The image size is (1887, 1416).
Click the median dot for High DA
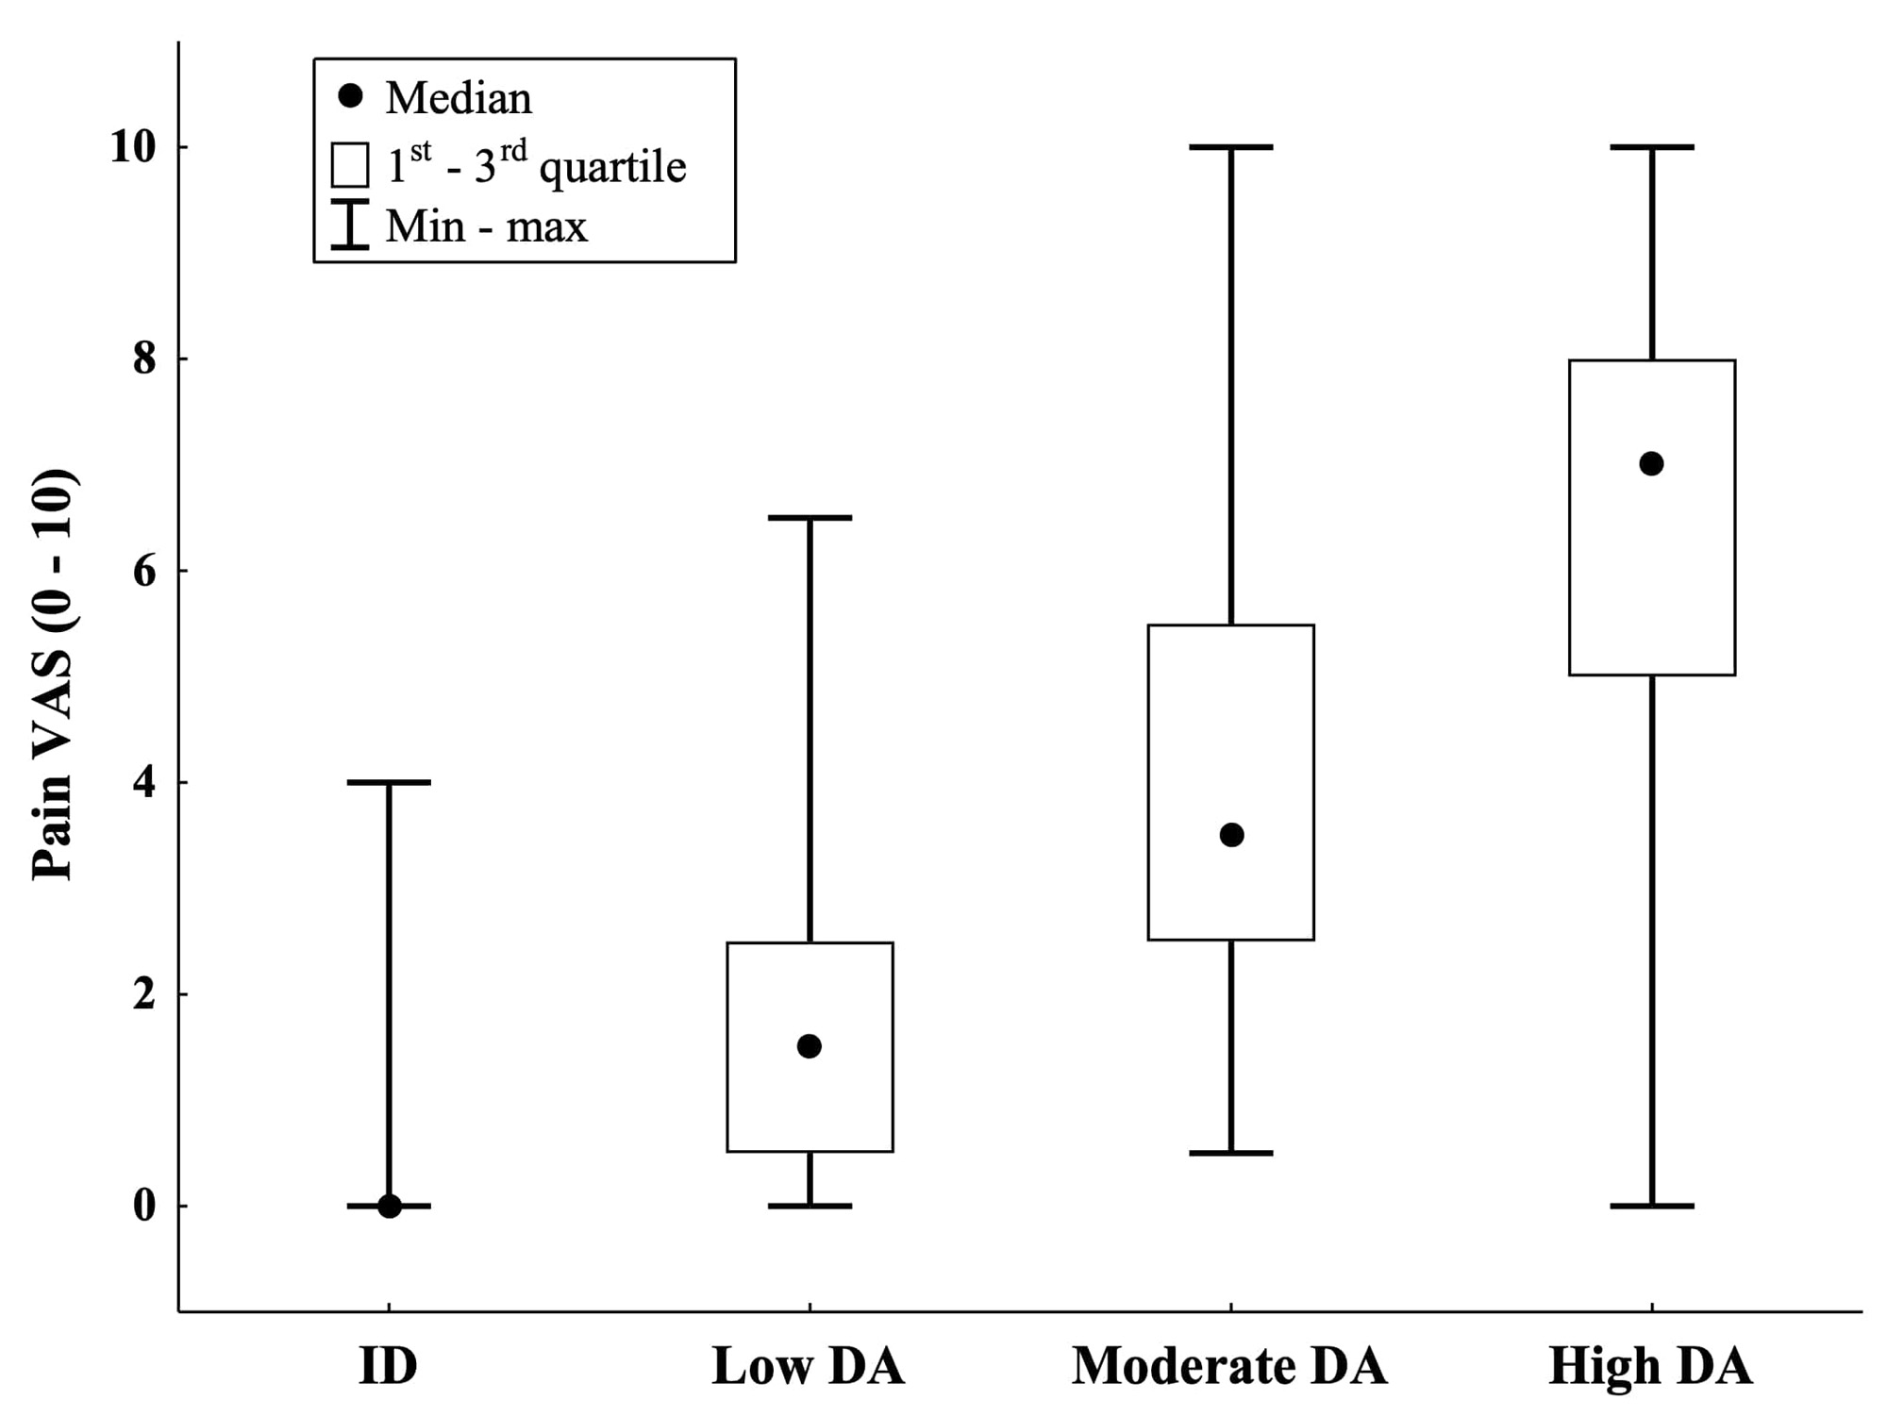(x=1651, y=464)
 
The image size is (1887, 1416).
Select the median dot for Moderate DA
(x=1231, y=835)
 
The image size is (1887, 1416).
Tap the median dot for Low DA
(x=810, y=1046)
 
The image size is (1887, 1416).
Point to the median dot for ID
(x=389, y=1206)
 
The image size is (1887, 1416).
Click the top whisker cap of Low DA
(x=810, y=518)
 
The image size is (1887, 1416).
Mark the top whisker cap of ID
(x=389, y=782)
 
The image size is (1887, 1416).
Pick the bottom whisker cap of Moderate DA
(x=1231, y=1153)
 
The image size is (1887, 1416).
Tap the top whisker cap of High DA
(x=1651, y=147)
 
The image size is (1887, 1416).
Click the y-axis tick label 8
(x=144, y=359)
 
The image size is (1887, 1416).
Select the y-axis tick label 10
(x=133, y=148)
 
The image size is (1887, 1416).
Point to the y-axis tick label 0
(x=144, y=1207)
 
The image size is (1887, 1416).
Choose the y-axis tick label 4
(x=144, y=783)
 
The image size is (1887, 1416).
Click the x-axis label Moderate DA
(x=1229, y=1366)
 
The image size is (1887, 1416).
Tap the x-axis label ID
(x=388, y=1366)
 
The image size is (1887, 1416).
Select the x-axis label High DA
(x=1650, y=1366)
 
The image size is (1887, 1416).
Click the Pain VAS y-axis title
(x=54, y=675)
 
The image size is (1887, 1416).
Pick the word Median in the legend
(x=459, y=98)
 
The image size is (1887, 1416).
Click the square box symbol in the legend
(x=350, y=165)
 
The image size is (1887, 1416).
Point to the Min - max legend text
(x=486, y=226)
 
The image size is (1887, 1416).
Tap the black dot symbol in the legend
(x=350, y=96)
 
